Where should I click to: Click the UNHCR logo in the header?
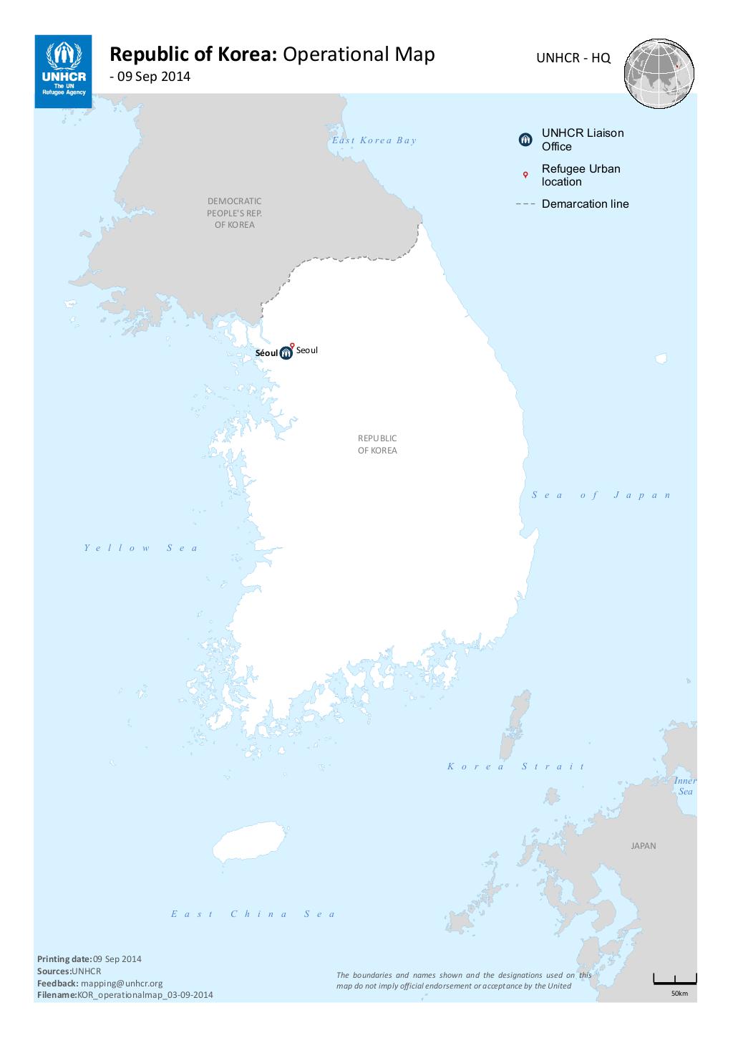pyautogui.click(x=63, y=71)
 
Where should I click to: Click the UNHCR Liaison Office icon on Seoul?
pyautogui.click(x=286, y=352)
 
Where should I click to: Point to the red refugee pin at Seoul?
pyautogui.click(x=292, y=345)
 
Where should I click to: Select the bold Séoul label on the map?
pyautogui.click(x=266, y=353)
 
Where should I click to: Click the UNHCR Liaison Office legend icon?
pyautogui.click(x=525, y=140)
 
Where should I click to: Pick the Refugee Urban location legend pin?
pyautogui.click(x=525, y=175)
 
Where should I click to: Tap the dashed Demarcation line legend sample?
pyautogui.click(x=525, y=204)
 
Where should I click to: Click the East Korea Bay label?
pyautogui.click(x=374, y=140)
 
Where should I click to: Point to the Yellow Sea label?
pyautogui.click(x=141, y=548)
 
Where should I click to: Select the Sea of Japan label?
pyautogui.click(x=601, y=495)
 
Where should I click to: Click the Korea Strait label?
pyautogui.click(x=516, y=767)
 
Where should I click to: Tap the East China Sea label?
pyautogui.click(x=253, y=914)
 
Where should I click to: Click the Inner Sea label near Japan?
pyautogui.click(x=685, y=786)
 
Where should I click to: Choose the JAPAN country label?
pyautogui.click(x=643, y=846)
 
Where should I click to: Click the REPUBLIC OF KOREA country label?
pyautogui.click(x=377, y=444)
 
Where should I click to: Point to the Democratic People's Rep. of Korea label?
pyautogui.click(x=234, y=213)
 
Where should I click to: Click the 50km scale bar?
pyautogui.click(x=674, y=980)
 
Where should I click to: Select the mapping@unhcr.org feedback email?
pyautogui.click(x=122, y=984)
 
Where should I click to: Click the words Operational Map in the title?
pyautogui.click(x=359, y=54)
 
